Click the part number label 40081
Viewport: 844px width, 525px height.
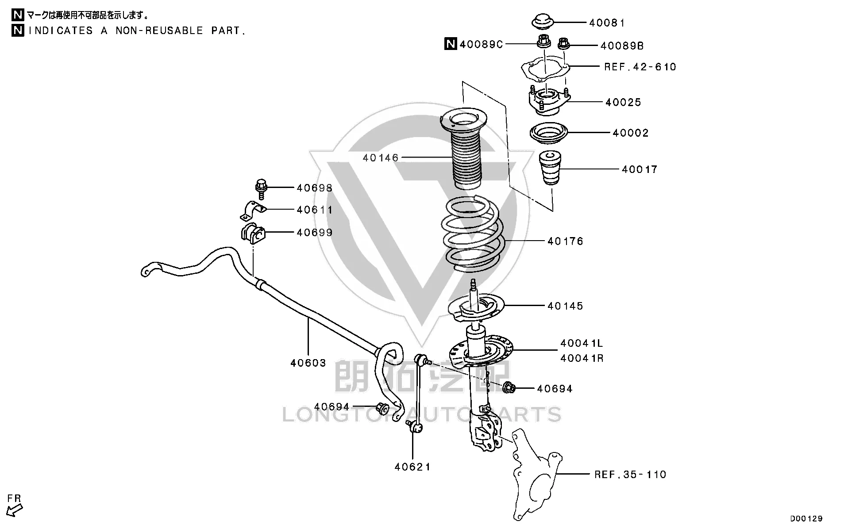(607, 23)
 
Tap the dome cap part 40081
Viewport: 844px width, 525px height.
(542, 21)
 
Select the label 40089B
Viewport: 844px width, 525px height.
(622, 46)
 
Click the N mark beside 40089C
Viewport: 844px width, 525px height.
(450, 44)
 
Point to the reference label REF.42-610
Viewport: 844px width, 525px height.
(640, 67)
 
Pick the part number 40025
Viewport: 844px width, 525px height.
(623, 102)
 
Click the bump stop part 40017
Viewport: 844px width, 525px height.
(550, 168)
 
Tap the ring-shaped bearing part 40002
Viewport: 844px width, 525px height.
(548, 133)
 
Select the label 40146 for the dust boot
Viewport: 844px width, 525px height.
(381, 157)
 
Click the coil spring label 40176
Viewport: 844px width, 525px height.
(565, 241)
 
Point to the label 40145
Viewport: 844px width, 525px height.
(565, 306)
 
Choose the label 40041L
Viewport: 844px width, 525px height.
(582, 343)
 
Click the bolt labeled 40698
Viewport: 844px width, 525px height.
(261, 188)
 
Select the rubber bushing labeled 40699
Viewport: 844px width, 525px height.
(253, 234)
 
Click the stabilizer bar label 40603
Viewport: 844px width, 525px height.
(308, 363)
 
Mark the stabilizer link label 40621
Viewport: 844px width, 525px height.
(412, 467)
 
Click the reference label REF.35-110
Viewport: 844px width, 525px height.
(630, 475)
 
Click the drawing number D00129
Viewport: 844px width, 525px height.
(806, 518)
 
